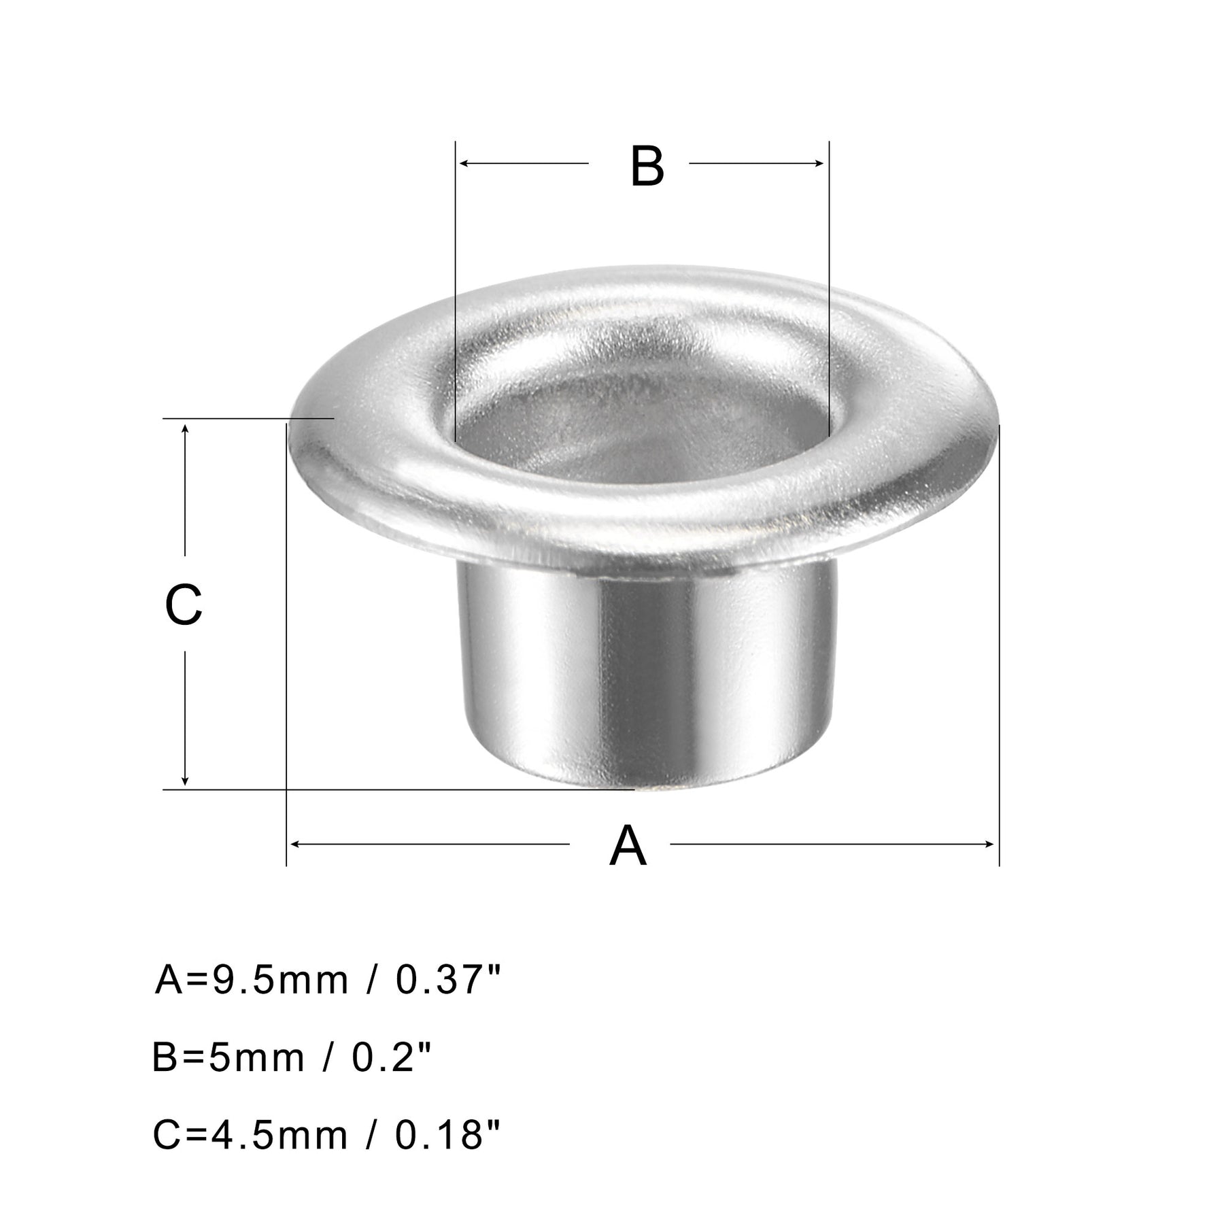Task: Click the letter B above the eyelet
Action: pos(647,167)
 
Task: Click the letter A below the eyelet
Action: pos(628,845)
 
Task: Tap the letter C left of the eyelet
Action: pos(184,605)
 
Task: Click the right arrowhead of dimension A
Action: pos(989,845)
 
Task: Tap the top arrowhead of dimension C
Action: pos(185,429)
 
